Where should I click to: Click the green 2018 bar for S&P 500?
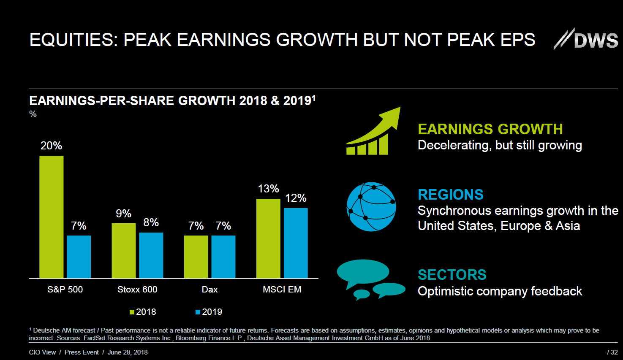(x=52, y=217)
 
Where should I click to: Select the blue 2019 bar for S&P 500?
(x=79, y=257)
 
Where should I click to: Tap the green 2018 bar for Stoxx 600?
(x=124, y=251)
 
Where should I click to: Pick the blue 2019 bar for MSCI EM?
(x=296, y=243)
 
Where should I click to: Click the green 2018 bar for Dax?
(x=196, y=257)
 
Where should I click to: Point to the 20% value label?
(x=51, y=146)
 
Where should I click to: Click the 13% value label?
(x=268, y=189)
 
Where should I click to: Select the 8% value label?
(x=151, y=222)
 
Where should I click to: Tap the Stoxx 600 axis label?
(x=137, y=290)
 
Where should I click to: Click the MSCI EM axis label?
(x=282, y=290)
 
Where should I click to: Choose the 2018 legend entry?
(x=143, y=312)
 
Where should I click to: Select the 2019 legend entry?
(x=209, y=312)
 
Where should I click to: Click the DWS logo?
(x=586, y=40)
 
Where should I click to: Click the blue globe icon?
(x=371, y=207)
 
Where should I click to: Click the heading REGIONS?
(x=450, y=195)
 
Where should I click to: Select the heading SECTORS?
(x=452, y=275)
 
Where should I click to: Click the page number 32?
(x=612, y=352)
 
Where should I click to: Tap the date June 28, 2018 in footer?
(x=128, y=352)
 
